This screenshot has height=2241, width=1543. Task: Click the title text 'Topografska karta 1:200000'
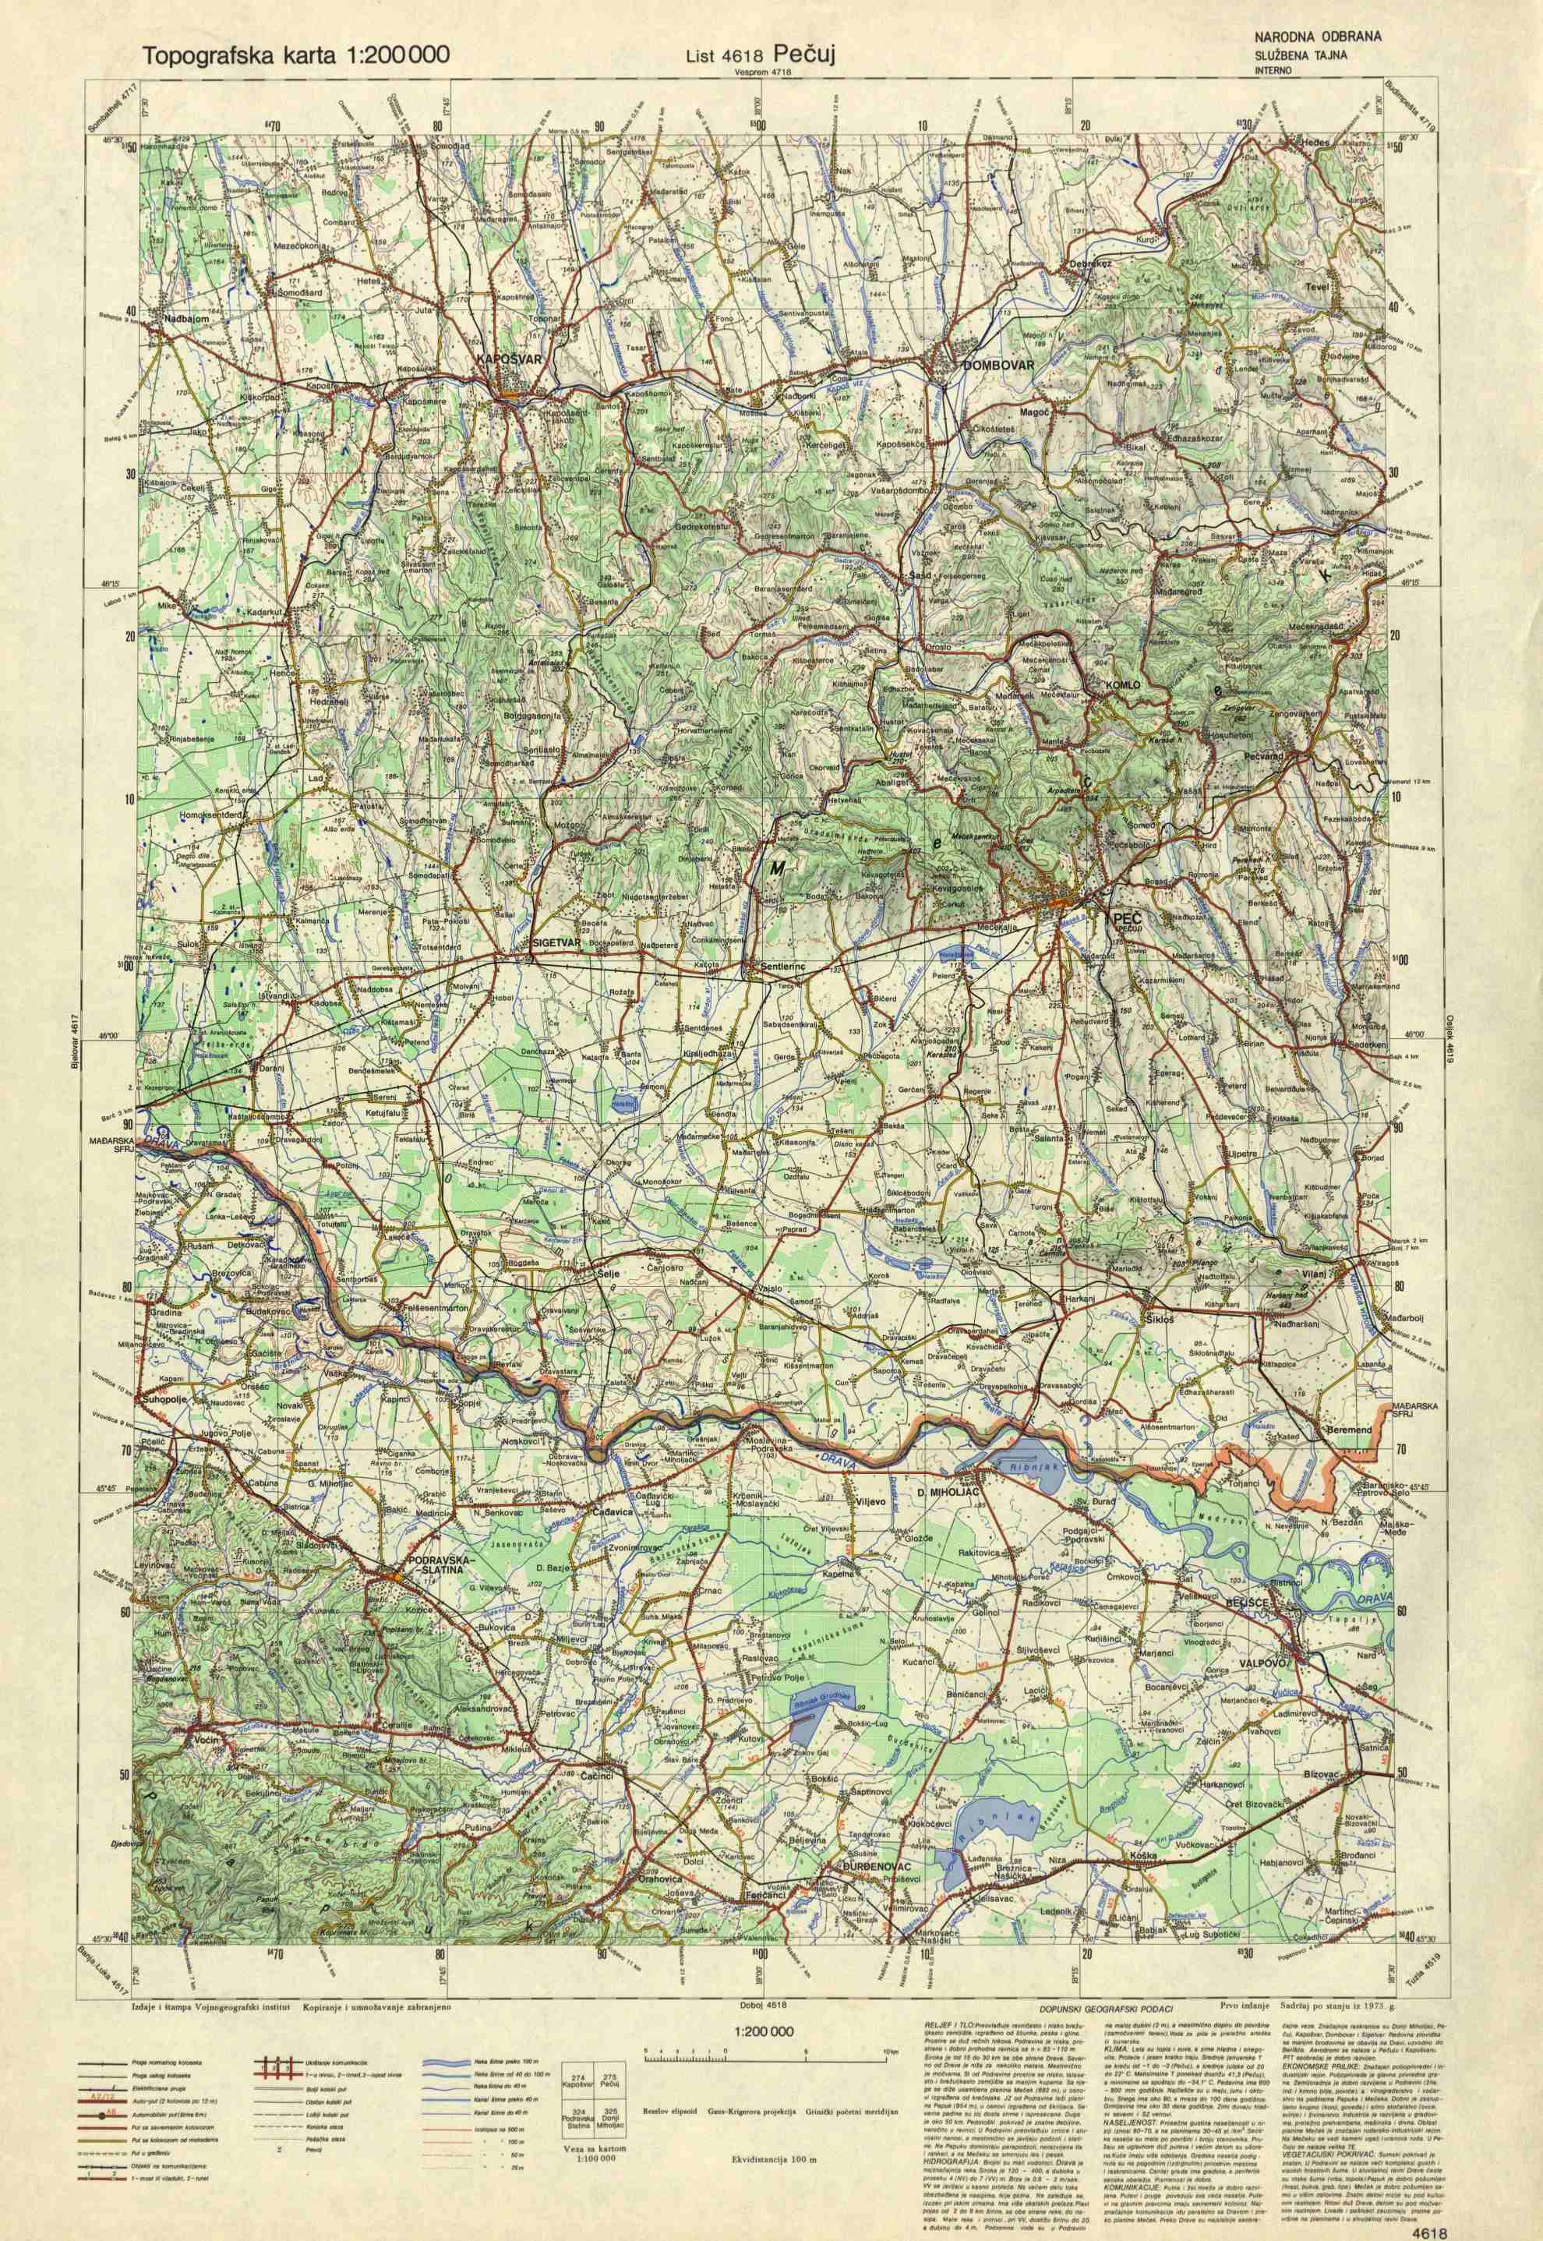click(295, 55)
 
